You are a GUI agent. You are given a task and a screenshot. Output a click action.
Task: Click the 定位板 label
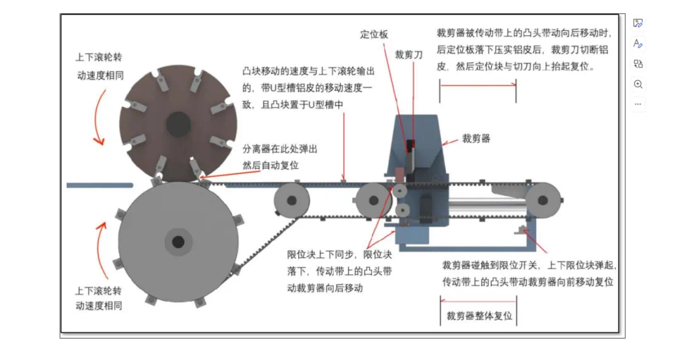point(374,35)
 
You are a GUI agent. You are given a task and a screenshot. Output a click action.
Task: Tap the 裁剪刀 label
point(409,55)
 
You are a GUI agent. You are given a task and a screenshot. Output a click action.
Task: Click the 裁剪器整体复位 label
point(479,315)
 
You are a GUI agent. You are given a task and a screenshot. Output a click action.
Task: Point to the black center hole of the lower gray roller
point(178,241)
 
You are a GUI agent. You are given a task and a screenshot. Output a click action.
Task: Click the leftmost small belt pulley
point(291,201)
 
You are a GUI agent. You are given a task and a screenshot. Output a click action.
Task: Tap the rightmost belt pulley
point(542,201)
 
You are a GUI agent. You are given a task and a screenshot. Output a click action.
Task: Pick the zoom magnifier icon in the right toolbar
point(638,84)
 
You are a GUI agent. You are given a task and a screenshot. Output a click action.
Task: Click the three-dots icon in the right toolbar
point(638,104)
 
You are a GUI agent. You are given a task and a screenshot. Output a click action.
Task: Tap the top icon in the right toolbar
point(638,23)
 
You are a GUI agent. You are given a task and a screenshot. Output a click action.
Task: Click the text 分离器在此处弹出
point(280,150)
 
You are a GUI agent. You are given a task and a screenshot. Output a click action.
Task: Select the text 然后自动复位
point(270,165)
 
